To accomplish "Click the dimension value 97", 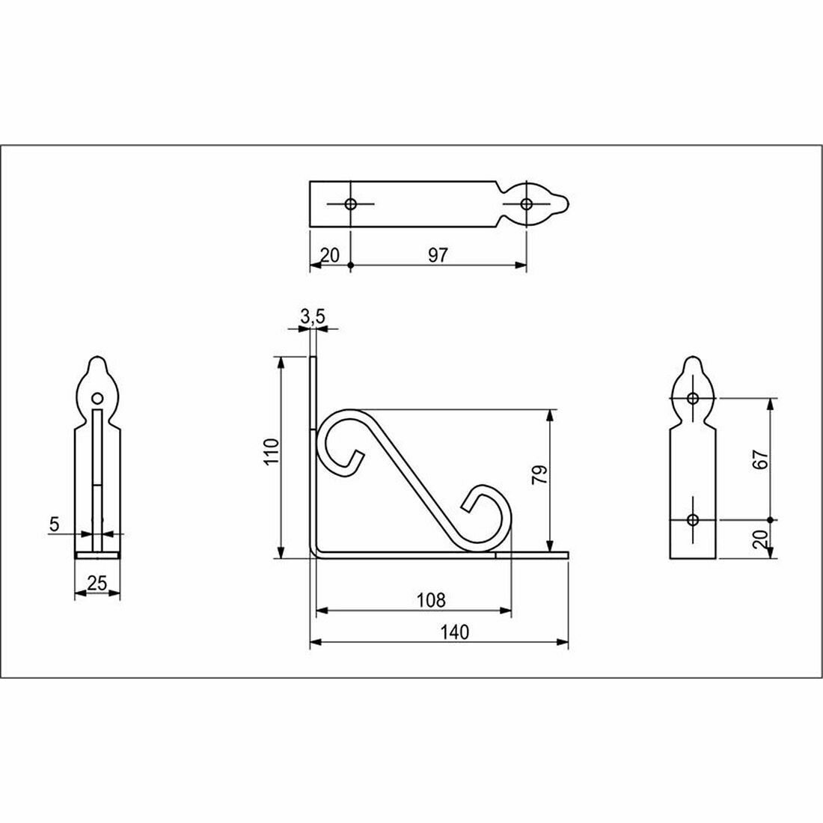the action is (438, 255).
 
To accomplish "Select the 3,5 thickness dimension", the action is (313, 316).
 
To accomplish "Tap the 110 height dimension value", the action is (272, 451).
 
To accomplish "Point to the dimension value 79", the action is (539, 474).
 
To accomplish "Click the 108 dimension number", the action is (430, 600).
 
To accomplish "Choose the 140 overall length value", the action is (455, 632).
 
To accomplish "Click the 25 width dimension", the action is (97, 583).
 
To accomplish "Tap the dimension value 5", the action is (54, 524).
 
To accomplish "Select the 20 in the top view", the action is (330, 255).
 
